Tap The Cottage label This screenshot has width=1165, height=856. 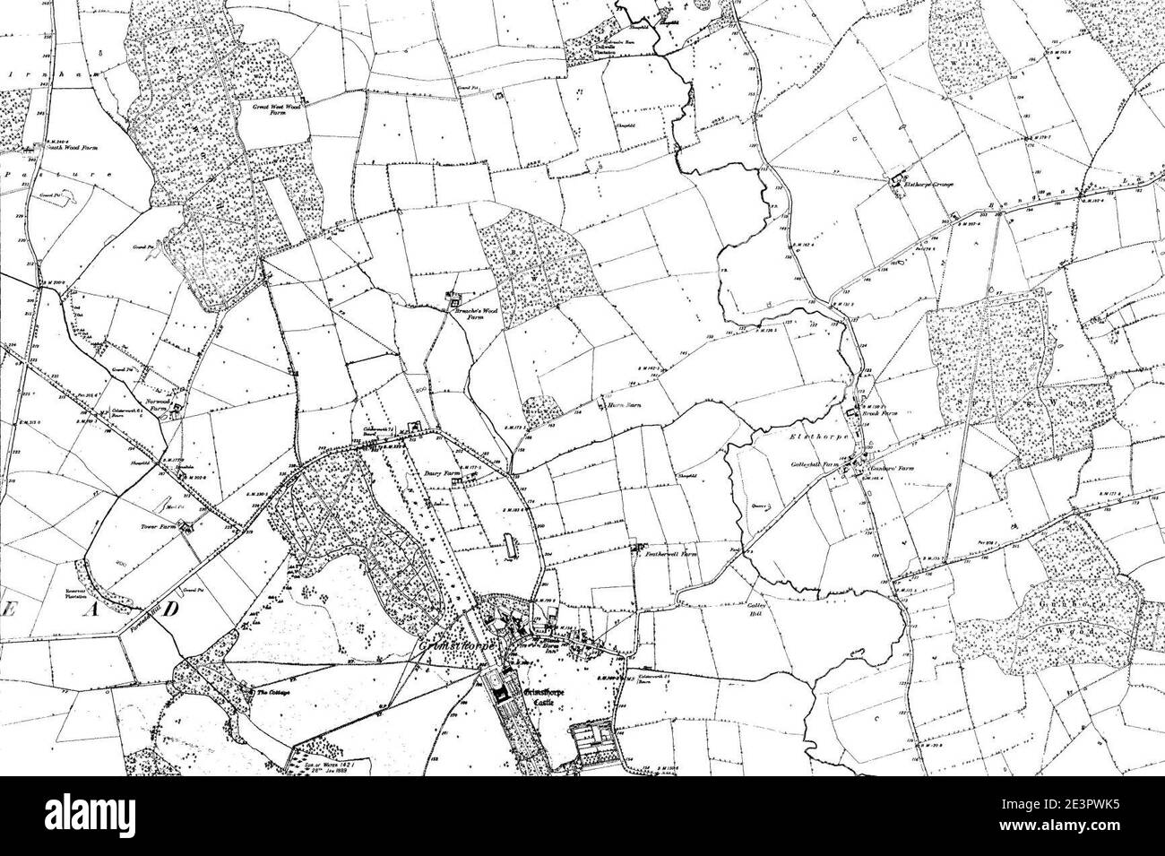pyautogui.click(x=275, y=693)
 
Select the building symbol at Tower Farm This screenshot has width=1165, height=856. pyautogui.click(x=188, y=529)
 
